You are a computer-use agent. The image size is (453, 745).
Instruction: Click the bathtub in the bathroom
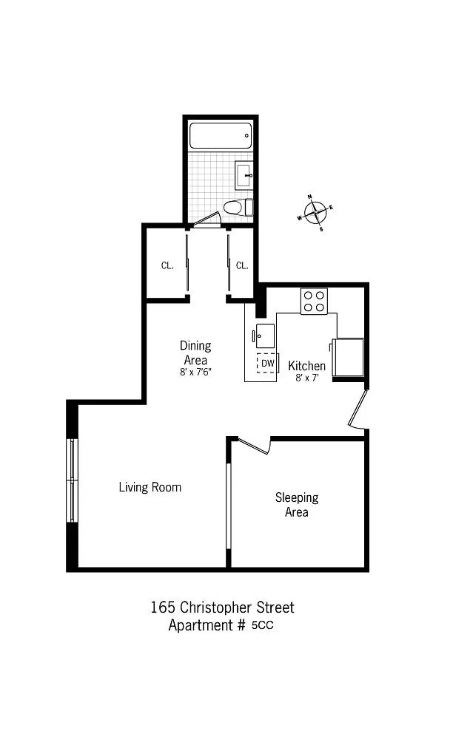(x=221, y=136)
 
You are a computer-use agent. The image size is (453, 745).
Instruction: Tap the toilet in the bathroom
(x=238, y=208)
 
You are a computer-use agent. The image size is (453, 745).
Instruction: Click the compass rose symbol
(x=315, y=212)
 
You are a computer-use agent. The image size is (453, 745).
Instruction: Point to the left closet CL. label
(x=167, y=265)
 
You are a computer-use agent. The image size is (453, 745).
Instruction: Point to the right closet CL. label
(x=242, y=265)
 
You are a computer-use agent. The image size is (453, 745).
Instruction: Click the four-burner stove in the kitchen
(x=314, y=302)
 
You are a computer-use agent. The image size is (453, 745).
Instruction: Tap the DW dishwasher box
(x=267, y=364)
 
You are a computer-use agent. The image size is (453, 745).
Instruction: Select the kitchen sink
(x=264, y=336)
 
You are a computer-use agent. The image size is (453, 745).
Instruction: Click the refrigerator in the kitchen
(x=349, y=357)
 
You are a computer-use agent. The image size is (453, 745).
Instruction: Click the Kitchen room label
(x=307, y=366)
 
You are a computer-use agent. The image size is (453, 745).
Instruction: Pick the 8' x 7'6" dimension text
(x=195, y=372)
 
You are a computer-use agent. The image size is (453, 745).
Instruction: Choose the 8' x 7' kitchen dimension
(x=306, y=378)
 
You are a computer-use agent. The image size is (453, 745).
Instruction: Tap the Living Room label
(x=150, y=487)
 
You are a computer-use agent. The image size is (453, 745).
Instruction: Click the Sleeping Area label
(x=296, y=505)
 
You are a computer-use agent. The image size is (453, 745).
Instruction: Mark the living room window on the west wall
(x=72, y=480)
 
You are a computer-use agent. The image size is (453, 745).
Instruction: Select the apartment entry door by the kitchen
(x=358, y=409)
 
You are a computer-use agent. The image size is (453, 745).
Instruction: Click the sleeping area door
(x=254, y=446)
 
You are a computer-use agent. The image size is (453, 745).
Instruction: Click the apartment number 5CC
(x=263, y=625)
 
